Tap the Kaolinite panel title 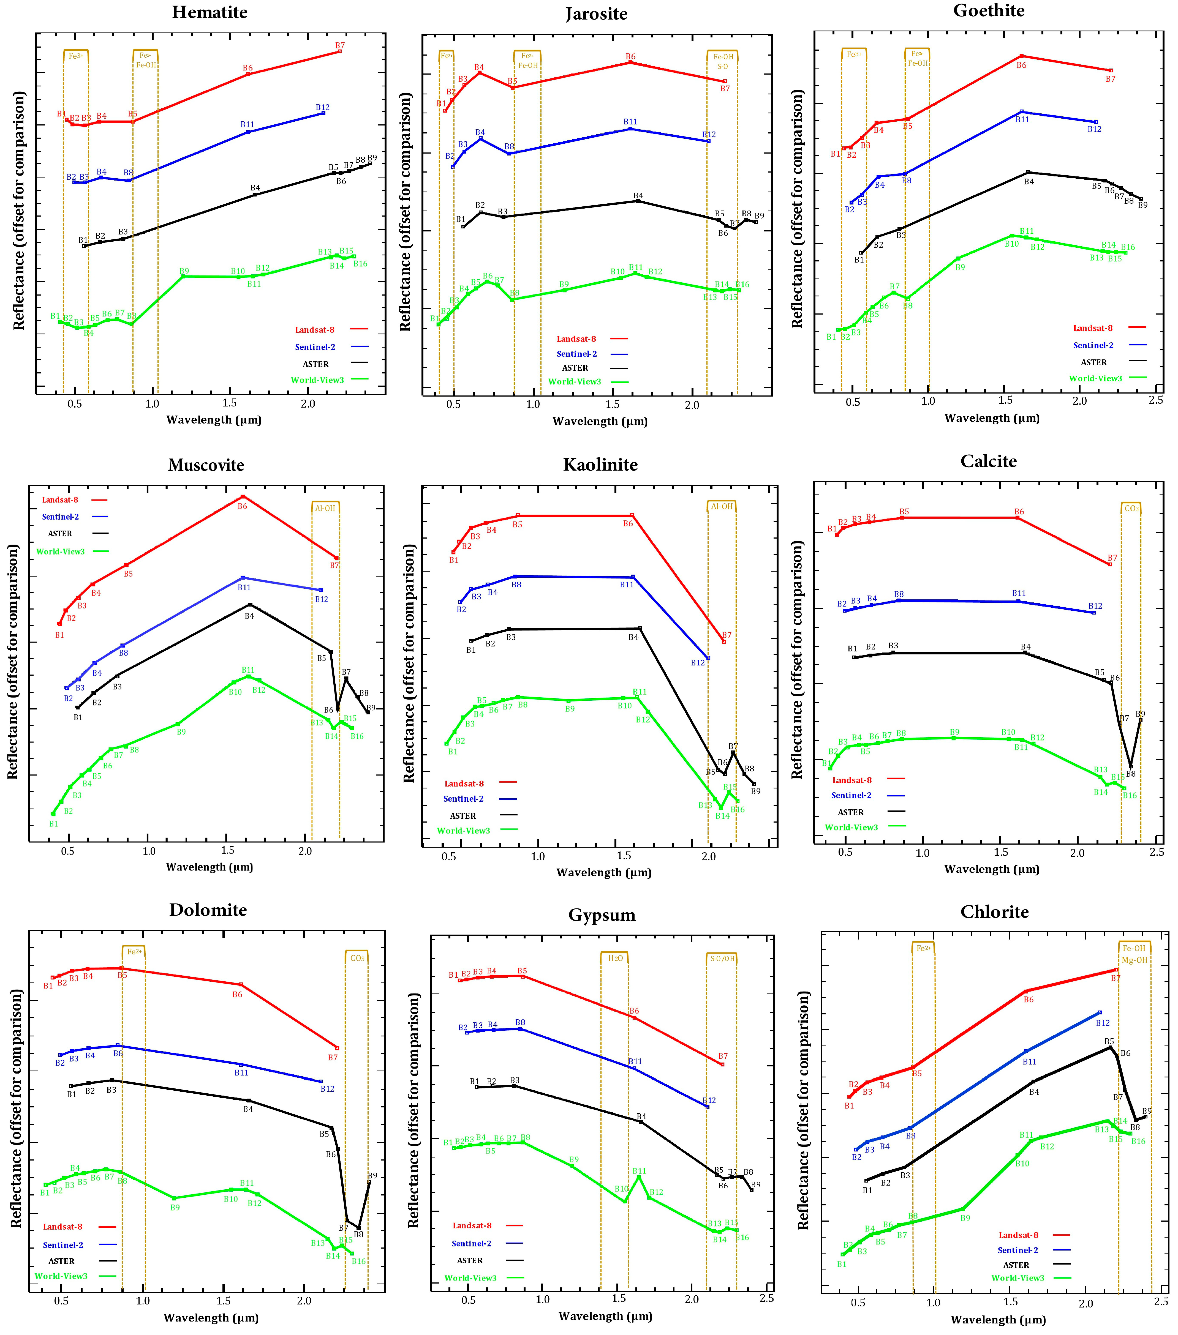[600, 464]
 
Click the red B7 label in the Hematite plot [340, 46]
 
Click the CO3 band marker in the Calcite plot [1131, 508]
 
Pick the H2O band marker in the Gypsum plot [615, 958]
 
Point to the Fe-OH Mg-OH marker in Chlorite [1134, 954]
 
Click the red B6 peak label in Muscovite [242, 506]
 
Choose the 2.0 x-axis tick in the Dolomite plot [304, 1300]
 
